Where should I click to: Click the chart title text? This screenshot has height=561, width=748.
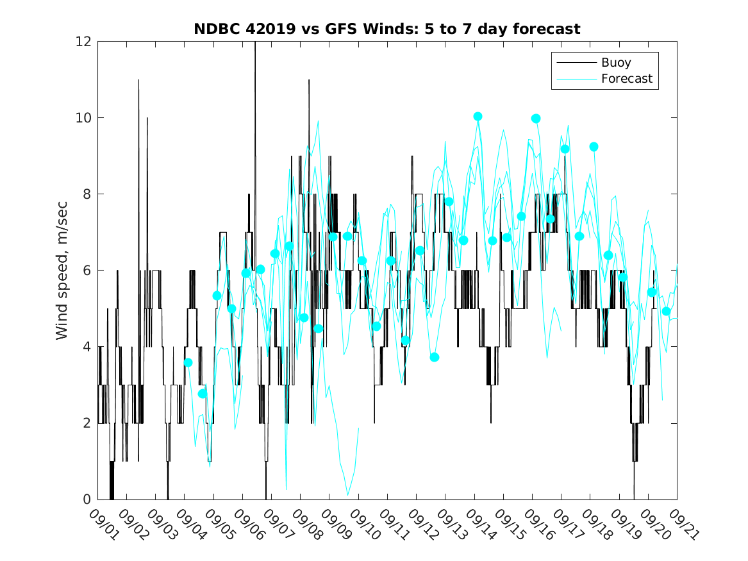click(387, 29)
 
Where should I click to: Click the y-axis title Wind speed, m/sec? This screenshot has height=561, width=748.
click(62, 270)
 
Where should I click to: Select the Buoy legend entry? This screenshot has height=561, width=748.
click(615, 63)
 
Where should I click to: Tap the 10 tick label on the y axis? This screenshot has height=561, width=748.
click(84, 118)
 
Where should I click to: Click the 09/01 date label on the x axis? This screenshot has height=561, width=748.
click(104, 524)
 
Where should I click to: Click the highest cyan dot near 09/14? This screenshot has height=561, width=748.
click(478, 117)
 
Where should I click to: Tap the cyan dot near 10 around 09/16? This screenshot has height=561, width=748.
click(536, 119)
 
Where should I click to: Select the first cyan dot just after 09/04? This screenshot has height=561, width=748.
click(188, 362)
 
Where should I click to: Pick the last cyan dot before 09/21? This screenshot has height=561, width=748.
click(666, 311)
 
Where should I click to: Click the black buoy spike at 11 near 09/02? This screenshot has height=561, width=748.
click(138, 81)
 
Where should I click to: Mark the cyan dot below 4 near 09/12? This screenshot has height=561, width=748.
click(435, 357)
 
